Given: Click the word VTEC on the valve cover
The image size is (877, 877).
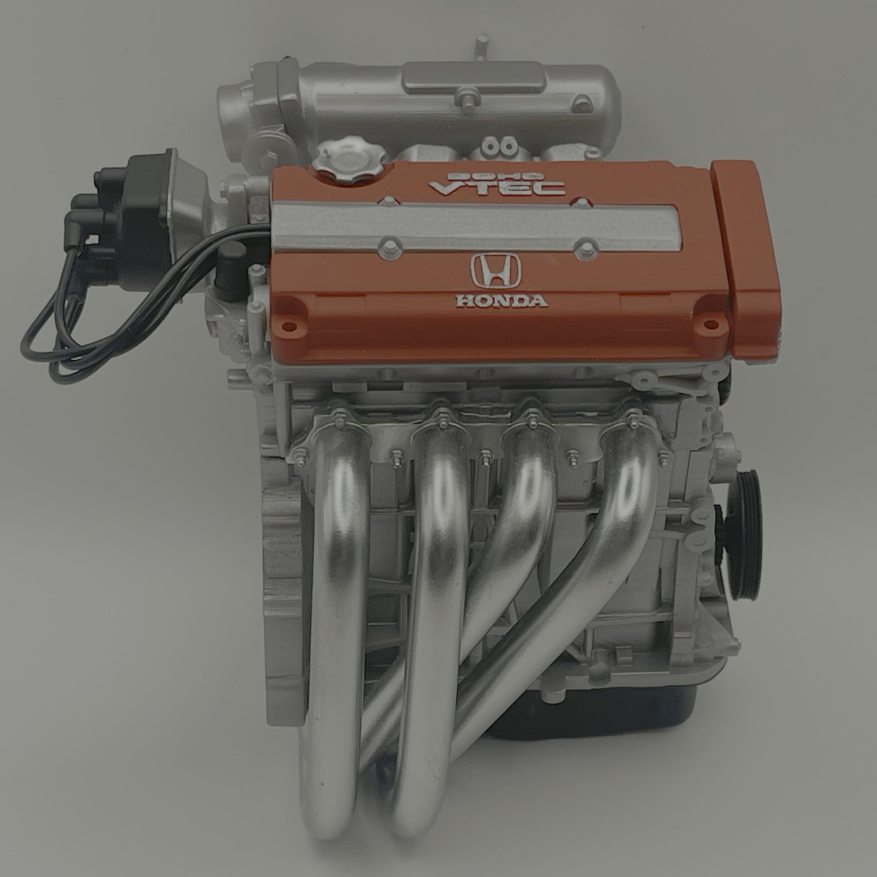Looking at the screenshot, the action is (497, 188).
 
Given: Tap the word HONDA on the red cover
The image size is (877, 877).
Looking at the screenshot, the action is (502, 301).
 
